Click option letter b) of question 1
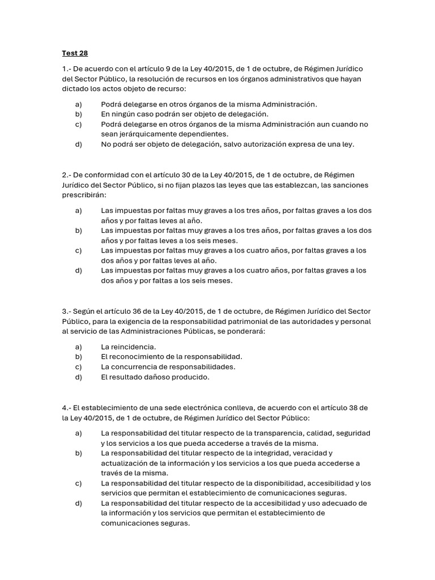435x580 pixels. point(78,114)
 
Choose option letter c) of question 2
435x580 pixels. point(78,250)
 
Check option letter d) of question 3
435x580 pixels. point(78,377)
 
